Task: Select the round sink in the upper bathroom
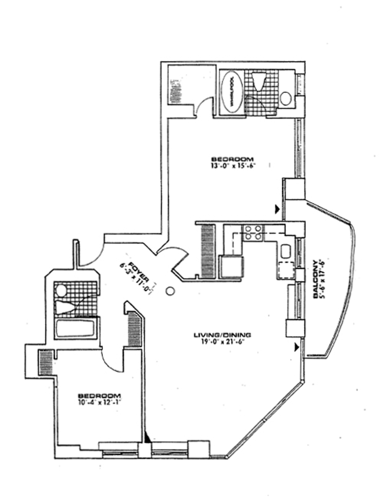(x=286, y=98)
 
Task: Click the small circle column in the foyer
(x=170, y=291)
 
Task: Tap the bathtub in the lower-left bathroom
(x=76, y=329)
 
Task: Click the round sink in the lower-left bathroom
(x=60, y=289)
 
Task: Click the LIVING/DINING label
(x=222, y=336)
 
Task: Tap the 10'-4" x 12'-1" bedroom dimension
(x=100, y=403)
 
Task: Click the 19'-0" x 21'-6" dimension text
(x=222, y=343)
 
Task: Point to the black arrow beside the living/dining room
(x=297, y=348)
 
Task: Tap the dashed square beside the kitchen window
(x=286, y=269)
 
